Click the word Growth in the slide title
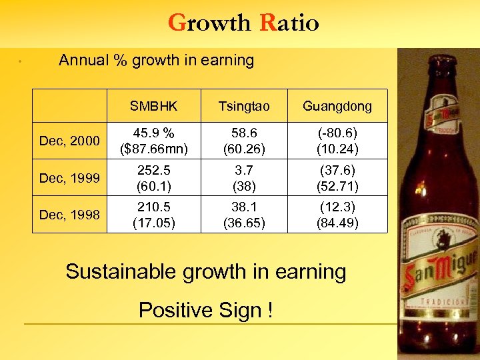click(x=208, y=23)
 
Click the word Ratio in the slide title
click(x=289, y=23)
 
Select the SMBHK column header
click(x=154, y=107)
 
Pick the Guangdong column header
click(x=337, y=107)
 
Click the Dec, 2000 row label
click(x=69, y=141)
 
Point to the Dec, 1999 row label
click(x=69, y=178)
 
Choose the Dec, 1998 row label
click(x=69, y=215)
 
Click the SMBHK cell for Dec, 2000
click(x=154, y=141)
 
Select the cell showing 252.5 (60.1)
click(x=154, y=178)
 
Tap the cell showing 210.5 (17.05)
click(x=154, y=215)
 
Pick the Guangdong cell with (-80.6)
click(x=337, y=141)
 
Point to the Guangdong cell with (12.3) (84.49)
click(x=337, y=215)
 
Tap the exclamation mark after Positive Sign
click(x=270, y=310)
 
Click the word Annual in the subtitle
click(x=83, y=61)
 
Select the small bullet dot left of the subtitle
click(x=21, y=62)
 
